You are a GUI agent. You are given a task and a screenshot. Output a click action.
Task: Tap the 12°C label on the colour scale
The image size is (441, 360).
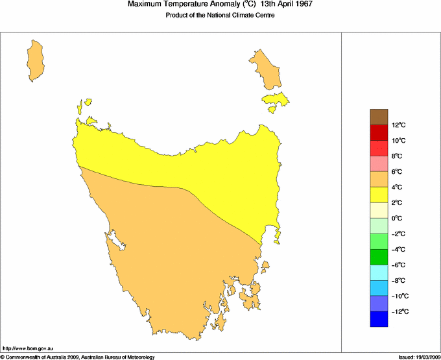pos(398,125)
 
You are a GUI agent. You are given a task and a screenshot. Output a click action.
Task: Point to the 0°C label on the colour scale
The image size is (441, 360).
pos(398,219)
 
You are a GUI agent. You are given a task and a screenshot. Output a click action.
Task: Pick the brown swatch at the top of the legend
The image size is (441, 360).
pos(379,117)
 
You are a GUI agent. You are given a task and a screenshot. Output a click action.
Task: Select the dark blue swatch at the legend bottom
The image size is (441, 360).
pos(379,319)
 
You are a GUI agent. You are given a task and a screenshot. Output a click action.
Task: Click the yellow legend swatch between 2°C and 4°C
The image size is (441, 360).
pos(379,195)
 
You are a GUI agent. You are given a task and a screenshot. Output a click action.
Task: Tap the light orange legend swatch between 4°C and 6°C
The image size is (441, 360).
pos(379,179)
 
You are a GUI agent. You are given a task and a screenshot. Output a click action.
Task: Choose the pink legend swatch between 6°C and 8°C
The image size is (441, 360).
pos(379,163)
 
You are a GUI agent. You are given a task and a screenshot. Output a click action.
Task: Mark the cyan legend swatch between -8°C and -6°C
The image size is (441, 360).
pos(379,272)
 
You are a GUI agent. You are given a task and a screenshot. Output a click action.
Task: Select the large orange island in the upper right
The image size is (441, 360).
pos(267,69)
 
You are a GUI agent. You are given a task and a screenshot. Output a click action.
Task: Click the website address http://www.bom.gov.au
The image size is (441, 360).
pos(29,349)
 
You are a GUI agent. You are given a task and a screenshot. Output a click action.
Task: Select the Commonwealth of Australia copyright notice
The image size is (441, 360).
pos(78,357)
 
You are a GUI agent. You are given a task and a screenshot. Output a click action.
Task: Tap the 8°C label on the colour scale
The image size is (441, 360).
pos(398,156)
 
